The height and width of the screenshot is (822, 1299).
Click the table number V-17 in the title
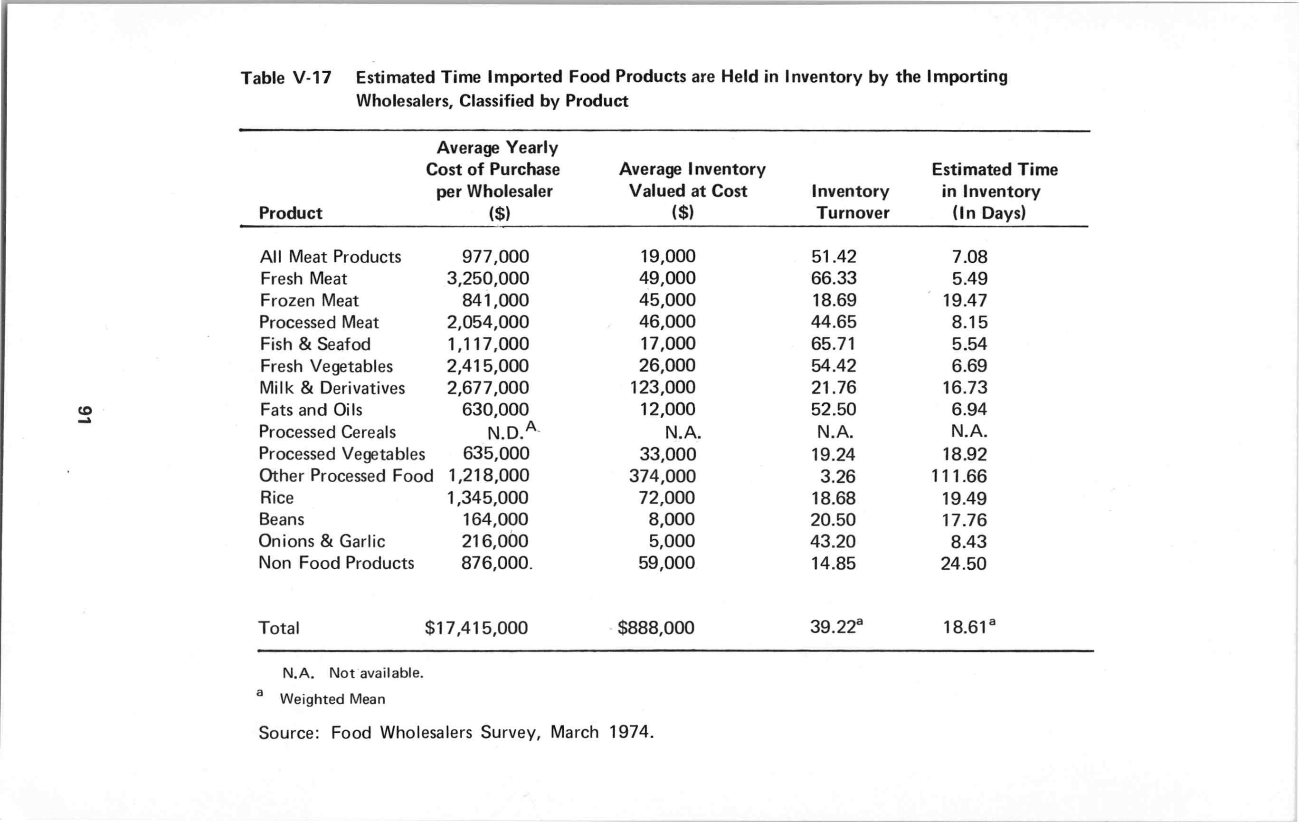(x=312, y=78)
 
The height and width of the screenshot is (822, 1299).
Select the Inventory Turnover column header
(x=851, y=202)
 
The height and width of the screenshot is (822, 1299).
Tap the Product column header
(x=290, y=213)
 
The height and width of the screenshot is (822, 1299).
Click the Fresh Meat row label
(x=303, y=278)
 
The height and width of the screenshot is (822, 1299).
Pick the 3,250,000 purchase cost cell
(x=488, y=278)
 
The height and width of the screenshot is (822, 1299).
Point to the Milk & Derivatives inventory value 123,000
(x=663, y=388)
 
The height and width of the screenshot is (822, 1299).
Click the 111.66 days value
(x=958, y=476)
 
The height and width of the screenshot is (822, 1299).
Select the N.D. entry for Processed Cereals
(x=506, y=432)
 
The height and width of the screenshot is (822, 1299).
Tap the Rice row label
(x=276, y=497)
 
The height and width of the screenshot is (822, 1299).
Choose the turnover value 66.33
(x=834, y=278)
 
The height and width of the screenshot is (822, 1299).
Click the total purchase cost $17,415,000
(x=476, y=628)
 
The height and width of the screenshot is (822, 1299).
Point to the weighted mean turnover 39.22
(x=833, y=627)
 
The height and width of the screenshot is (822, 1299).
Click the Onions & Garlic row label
(x=322, y=541)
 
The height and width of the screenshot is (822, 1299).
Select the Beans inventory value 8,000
(x=671, y=519)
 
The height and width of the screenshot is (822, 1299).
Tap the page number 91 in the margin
(x=84, y=414)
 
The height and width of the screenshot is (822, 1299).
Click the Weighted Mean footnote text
(x=332, y=699)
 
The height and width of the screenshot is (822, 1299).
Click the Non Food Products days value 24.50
(x=964, y=564)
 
